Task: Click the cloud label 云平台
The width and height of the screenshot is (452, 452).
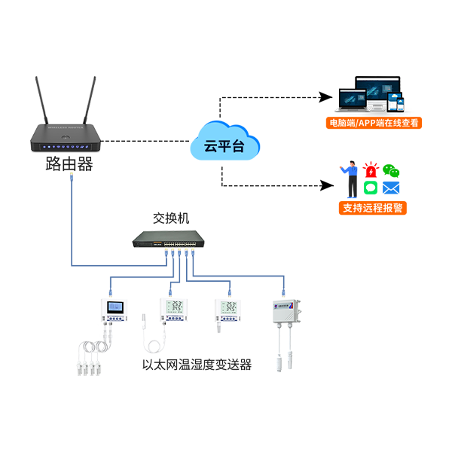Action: click(224, 145)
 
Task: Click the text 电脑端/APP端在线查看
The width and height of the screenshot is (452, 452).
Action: click(374, 122)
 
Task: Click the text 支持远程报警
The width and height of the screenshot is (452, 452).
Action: click(372, 208)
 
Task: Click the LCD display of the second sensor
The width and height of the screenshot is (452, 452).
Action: click(173, 306)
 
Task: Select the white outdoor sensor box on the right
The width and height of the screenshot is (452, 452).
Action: click(286, 313)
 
